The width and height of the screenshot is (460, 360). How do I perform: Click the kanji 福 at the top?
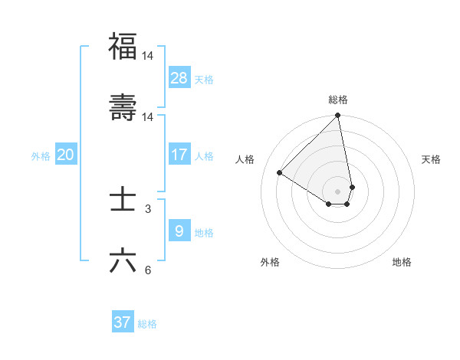coord(123,47)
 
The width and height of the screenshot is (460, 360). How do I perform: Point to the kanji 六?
coord(123,260)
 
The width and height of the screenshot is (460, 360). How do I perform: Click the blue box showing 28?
coord(179,78)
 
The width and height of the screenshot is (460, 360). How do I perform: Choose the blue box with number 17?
coord(179,155)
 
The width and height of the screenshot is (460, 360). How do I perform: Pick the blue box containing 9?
coord(179,231)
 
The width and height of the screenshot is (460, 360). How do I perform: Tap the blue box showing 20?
coord(66,155)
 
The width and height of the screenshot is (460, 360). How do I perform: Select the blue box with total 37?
coord(122,322)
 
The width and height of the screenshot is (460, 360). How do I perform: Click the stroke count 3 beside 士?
coord(148,209)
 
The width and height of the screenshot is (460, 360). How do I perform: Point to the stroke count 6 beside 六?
coord(148,270)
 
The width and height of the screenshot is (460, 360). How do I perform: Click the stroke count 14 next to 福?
coord(148,56)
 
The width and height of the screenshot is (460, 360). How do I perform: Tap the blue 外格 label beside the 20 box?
coord(41,155)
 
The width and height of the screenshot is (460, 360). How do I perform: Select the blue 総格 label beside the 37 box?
coord(147,323)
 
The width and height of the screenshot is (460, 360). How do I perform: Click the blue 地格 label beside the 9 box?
coord(204,232)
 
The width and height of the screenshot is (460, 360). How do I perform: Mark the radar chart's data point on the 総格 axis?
coord(338,116)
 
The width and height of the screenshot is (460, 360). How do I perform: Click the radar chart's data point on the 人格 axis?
coord(280,173)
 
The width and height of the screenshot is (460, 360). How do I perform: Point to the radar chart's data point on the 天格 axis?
coord(352,187)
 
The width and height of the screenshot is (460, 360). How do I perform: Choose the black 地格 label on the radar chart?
coord(402,262)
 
